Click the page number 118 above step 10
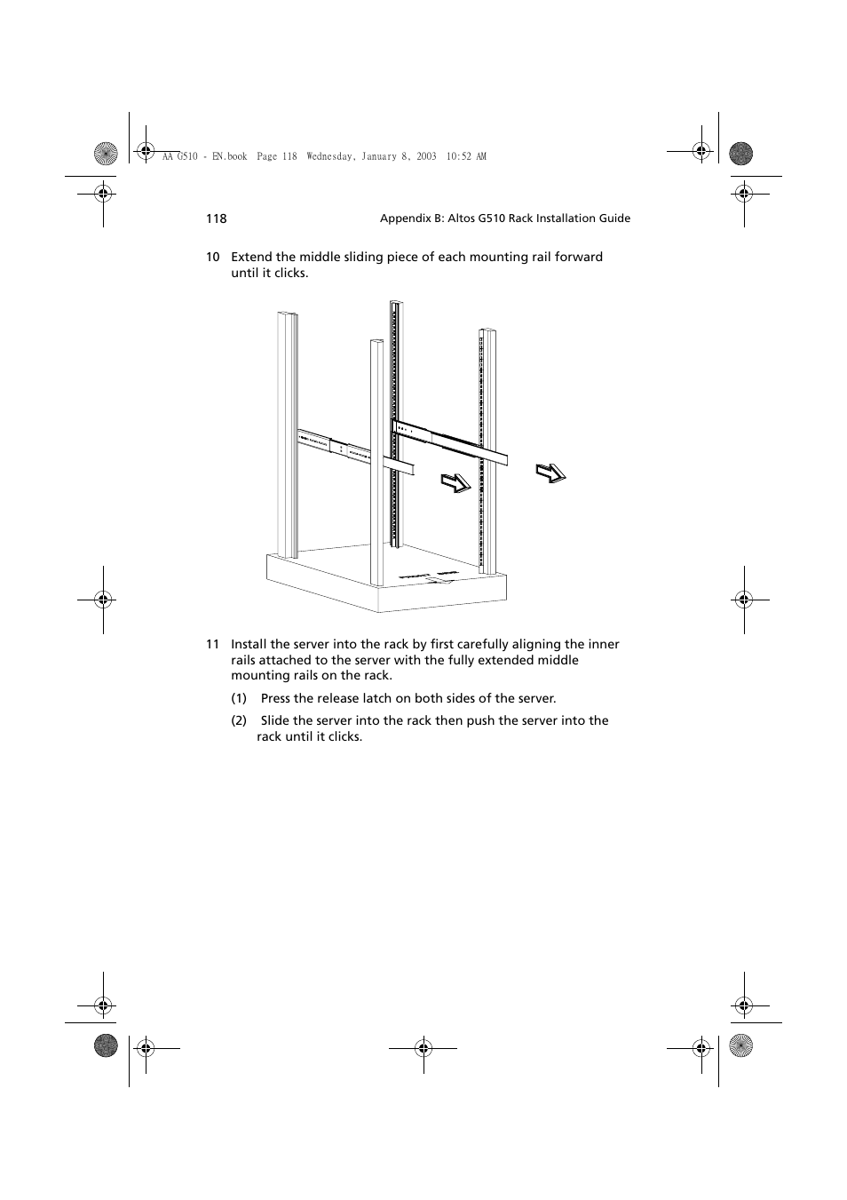216,219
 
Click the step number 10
213,258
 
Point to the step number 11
213,645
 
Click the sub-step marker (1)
239,699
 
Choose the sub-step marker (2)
239,721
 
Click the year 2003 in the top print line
426,156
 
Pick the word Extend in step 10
251,258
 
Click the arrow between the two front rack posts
455,483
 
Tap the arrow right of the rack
550,473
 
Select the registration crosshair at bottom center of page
423,1048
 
